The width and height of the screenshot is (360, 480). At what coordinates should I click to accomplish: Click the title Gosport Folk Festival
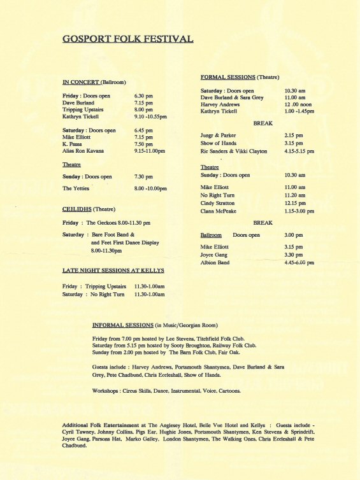coord(127,39)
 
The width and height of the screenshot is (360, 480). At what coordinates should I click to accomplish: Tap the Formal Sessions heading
coord(227,76)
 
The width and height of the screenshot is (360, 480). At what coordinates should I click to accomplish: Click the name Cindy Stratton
coord(217,203)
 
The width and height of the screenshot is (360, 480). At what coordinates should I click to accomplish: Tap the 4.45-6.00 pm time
coord(299,262)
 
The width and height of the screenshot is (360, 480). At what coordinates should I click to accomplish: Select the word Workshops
coord(106,390)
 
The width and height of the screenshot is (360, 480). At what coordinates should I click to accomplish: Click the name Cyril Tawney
coord(80,431)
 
